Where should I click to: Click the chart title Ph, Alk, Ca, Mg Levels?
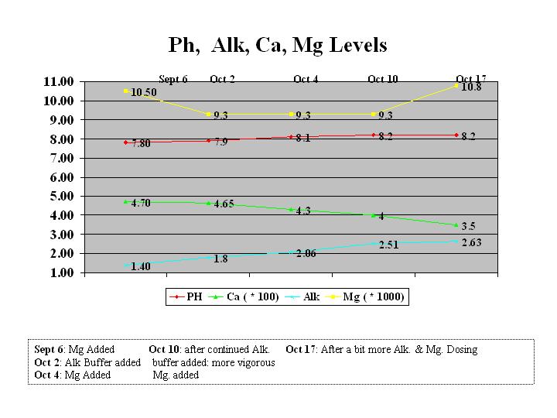point(278,45)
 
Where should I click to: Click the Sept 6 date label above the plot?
point(173,79)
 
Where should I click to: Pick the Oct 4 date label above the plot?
point(306,79)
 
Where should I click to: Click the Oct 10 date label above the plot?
point(383,79)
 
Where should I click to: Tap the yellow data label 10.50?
point(144,92)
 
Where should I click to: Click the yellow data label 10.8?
point(471,87)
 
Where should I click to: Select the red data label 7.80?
point(141,144)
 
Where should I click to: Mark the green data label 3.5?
point(468,227)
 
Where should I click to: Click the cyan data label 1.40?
point(141,266)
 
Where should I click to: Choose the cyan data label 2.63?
point(471,243)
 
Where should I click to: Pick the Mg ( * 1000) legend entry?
point(378,296)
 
